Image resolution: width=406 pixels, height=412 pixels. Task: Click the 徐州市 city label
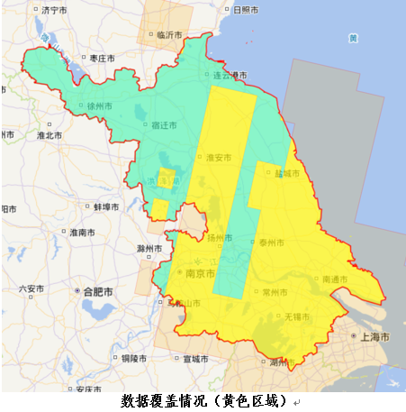(x=100, y=105)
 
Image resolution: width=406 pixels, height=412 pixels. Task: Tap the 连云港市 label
(x=230, y=75)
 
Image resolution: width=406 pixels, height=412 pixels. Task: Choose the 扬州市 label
(x=219, y=239)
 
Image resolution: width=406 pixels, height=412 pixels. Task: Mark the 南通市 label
(x=334, y=279)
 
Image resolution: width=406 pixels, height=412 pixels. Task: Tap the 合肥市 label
(x=96, y=292)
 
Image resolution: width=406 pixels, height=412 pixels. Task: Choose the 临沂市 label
(x=168, y=35)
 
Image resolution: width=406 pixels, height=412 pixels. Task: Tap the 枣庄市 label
(x=103, y=58)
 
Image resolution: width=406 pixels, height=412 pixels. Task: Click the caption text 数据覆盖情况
(x=171, y=400)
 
